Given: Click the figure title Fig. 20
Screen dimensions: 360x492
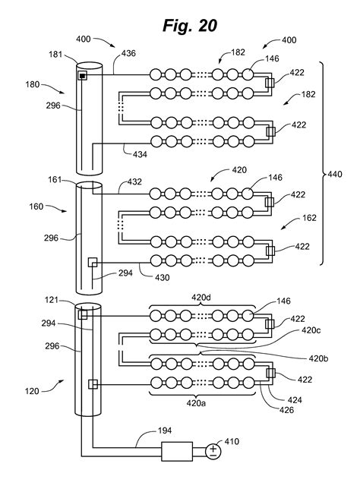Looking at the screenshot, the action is pyautogui.click(x=190, y=25).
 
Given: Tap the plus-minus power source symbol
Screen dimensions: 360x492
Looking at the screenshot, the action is pyautogui.click(x=213, y=452).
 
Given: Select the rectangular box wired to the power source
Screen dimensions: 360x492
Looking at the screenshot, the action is pyautogui.click(x=177, y=451).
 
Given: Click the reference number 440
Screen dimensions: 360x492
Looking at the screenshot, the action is pyautogui.click(x=335, y=174).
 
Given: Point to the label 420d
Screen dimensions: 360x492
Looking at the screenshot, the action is pyautogui.click(x=201, y=297).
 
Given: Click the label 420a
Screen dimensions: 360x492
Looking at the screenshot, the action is pyautogui.click(x=196, y=402).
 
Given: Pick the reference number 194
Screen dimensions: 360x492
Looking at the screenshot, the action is pyautogui.click(x=165, y=430).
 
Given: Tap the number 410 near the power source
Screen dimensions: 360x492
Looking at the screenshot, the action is pyautogui.click(x=232, y=441).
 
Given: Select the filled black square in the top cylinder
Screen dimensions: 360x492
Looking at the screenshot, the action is pyautogui.click(x=82, y=76).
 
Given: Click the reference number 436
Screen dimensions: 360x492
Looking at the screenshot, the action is pyautogui.click(x=128, y=53).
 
